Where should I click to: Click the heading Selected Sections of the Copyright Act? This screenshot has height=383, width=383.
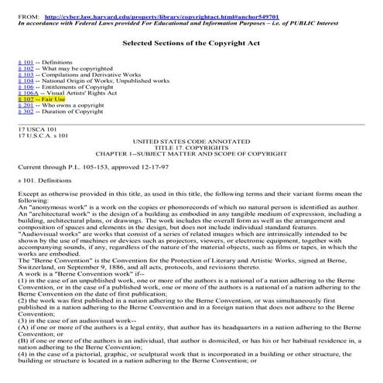pyautogui.click(x=190, y=43)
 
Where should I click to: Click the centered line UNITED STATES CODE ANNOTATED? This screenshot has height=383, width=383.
pyautogui.click(x=191, y=144)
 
